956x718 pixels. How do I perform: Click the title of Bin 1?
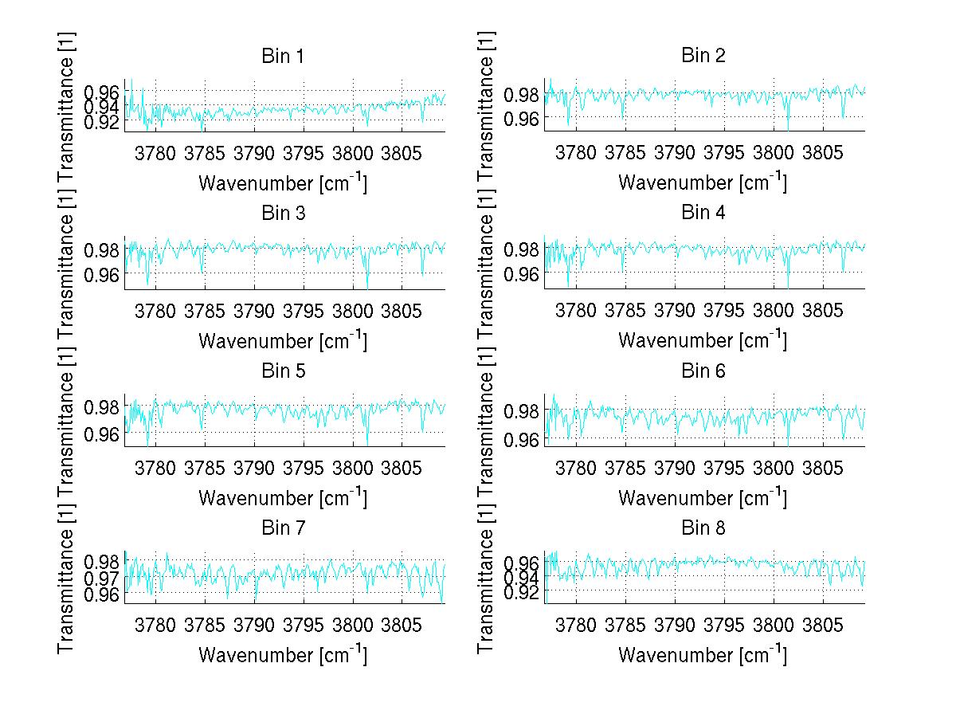283,56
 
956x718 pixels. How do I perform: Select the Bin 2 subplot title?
703,56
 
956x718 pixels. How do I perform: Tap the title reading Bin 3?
283,214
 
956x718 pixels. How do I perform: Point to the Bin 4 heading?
703,214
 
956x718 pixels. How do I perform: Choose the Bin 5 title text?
283,371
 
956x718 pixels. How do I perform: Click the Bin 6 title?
703,371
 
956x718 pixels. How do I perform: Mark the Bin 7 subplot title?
283,528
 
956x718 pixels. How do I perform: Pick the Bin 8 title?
703,528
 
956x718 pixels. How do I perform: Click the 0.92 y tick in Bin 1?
102,121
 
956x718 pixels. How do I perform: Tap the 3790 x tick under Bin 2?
675,151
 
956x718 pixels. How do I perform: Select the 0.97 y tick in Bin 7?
102,577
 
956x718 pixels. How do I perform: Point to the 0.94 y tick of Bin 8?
523,576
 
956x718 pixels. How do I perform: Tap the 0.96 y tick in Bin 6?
523,439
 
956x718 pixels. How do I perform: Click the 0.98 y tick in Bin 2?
523,96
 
